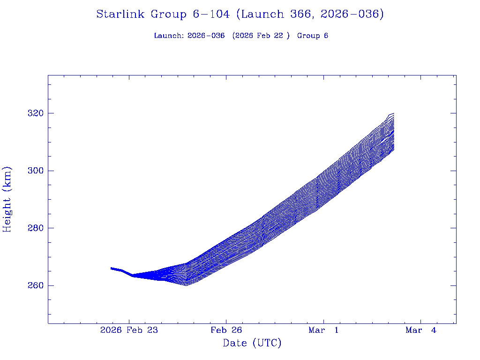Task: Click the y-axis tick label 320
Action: tap(35, 113)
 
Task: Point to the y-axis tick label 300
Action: tap(35, 171)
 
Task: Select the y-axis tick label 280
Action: tap(35, 228)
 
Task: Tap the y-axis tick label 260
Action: tap(35, 285)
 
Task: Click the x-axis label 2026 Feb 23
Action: tap(129, 330)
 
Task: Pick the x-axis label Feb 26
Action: tap(226, 330)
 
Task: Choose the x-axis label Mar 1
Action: tap(323, 330)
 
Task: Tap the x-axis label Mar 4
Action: tap(420, 330)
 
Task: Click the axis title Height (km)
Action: tap(7, 199)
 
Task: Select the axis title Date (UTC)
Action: tap(252, 344)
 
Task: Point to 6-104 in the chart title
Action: tap(211, 15)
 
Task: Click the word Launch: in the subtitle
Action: tap(169, 36)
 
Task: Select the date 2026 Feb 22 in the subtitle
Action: tap(259, 36)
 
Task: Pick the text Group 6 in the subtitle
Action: tap(313, 36)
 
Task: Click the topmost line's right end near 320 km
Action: tap(393, 113)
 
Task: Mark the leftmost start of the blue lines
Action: tap(111, 268)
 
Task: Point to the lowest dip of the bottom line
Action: tap(187, 285)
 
